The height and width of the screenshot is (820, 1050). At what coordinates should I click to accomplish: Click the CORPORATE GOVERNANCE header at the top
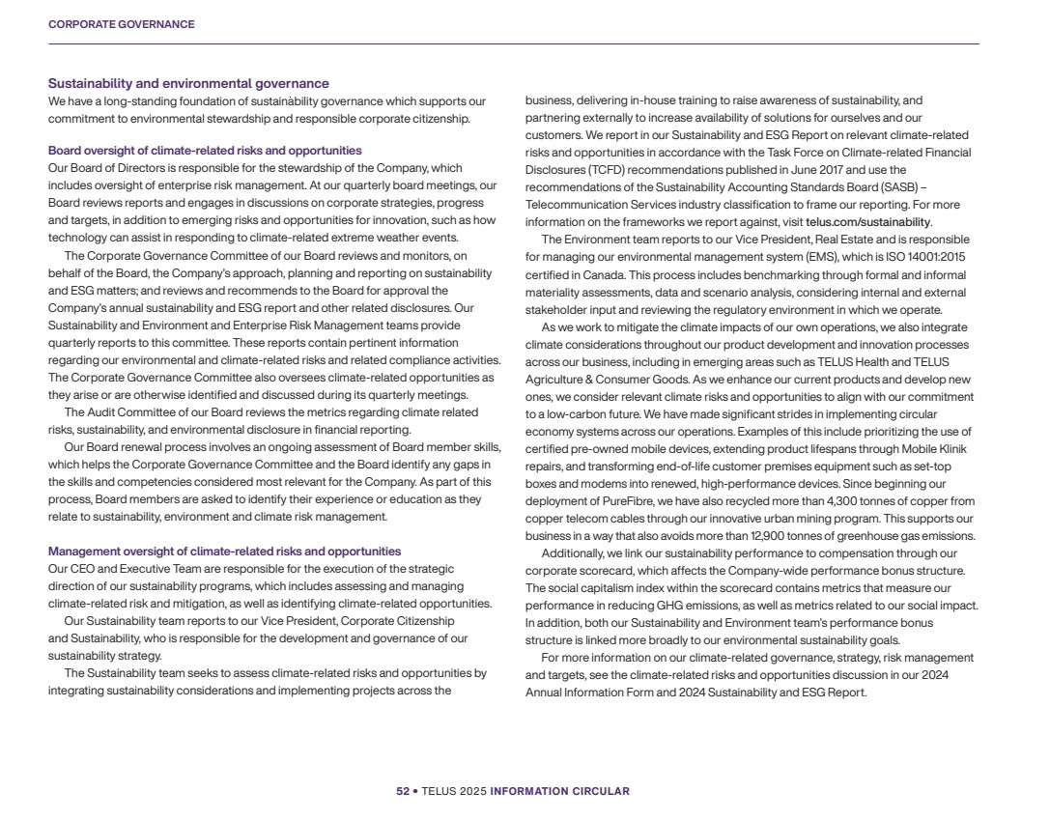[x=121, y=24]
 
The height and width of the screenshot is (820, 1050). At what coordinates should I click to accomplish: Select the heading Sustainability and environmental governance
[x=188, y=84]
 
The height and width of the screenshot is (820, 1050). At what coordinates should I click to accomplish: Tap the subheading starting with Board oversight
[x=205, y=151]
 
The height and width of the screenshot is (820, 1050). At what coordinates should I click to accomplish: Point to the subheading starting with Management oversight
[x=224, y=551]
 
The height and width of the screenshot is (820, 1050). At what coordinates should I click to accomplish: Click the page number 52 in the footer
[x=402, y=791]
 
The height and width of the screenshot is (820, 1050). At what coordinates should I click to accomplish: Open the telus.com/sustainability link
[x=867, y=221]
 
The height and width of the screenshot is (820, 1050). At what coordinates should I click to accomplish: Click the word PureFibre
[x=627, y=501]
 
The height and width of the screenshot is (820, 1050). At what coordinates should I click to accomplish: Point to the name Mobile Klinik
[x=935, y=448]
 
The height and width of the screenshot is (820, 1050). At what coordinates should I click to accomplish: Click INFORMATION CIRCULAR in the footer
[x=560, y=791]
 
